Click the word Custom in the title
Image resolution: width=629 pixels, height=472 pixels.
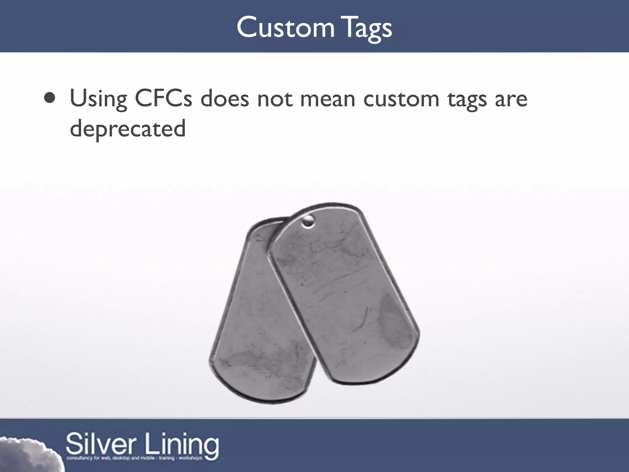pyautogui.click(x=285, y=28)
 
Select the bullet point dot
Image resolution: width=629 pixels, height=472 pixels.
pyautogui.click(x=50, y=98)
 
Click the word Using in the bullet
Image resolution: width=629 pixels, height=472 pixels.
pyautogui.click(x=98, y=99)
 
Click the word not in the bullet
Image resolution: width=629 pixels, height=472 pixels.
pyautogui.click(x=275, y=99)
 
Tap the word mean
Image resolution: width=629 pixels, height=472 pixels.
pyautogui.click(x=327, y=99)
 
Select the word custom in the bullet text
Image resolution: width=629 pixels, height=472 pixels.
pyautogui.click(x=401, y=99)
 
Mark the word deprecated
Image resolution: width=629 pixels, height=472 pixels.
pyautogui.click(x=128, y=128)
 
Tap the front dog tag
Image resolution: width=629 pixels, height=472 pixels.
pyautogui.click(x=344, y=292)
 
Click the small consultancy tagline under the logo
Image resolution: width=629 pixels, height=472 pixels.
pyautogui.click(x=134, y=458)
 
